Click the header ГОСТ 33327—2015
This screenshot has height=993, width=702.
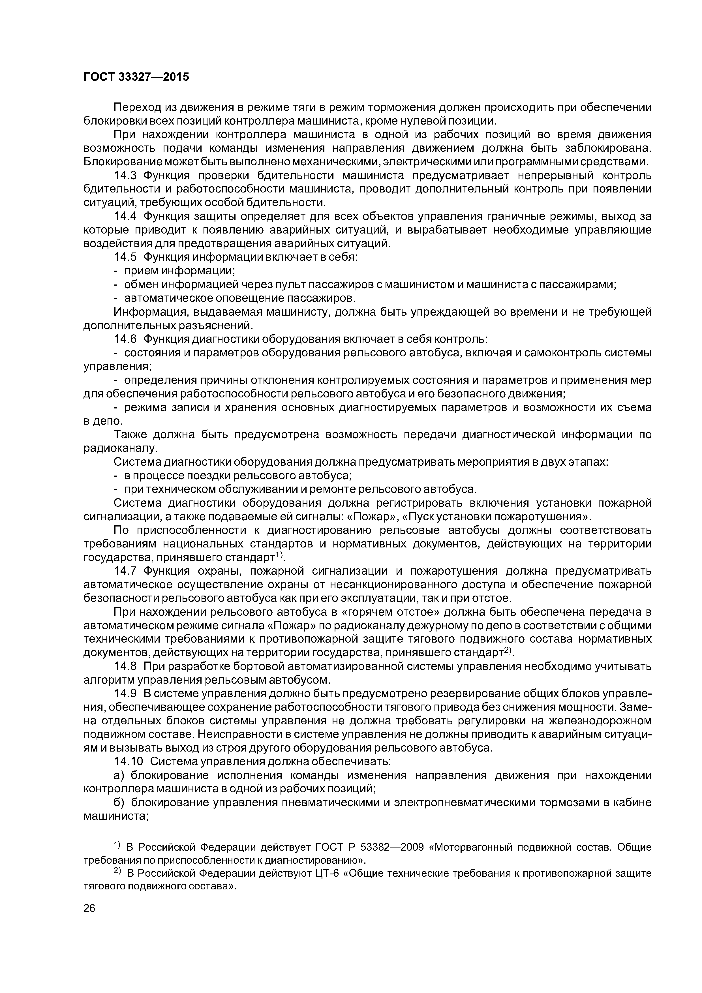pos(136,77)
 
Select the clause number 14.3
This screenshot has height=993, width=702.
pos(125,176)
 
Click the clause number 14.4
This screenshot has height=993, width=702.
pos(125,216)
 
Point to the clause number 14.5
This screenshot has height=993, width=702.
pos(125,257)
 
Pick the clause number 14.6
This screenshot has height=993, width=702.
pos(125,339)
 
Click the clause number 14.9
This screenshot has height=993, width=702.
pos(125,694)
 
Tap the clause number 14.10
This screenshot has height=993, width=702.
pos(129,762)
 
